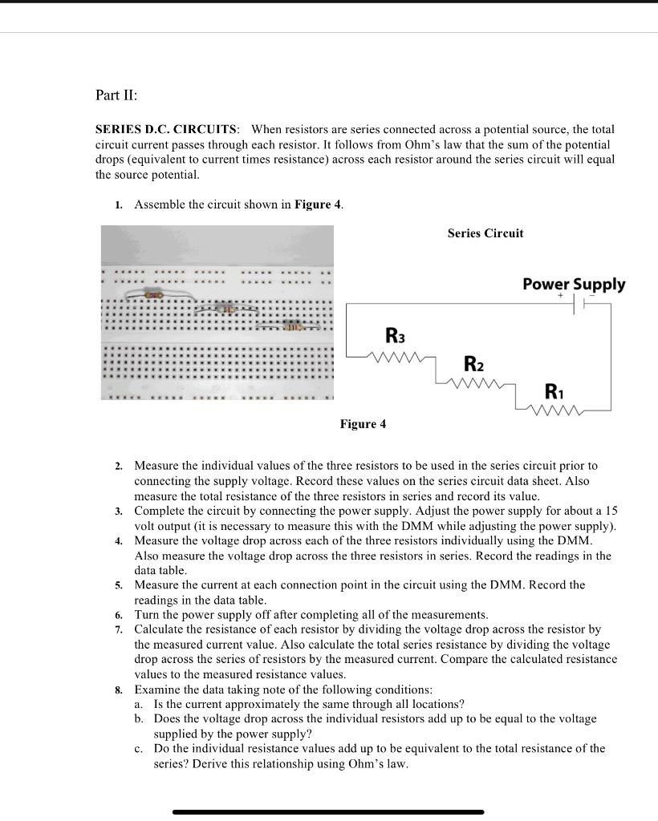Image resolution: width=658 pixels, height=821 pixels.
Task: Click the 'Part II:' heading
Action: pos(116,95)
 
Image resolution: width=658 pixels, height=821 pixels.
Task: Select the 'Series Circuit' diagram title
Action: pos(485,233)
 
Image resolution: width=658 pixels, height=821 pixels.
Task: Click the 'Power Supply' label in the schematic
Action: pos(573,284)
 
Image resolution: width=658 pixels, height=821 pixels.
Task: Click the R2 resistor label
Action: pos(473,364)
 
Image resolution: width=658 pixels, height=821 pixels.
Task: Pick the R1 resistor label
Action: pos(554,392)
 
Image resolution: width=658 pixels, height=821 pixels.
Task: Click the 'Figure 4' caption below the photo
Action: pos(362,424)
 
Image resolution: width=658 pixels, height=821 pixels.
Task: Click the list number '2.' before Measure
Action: pos(118,466)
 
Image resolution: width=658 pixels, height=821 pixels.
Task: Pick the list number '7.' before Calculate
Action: pos(118,630)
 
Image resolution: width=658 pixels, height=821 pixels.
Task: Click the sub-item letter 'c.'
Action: pos(140,749)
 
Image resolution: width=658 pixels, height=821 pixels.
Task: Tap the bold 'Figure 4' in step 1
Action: pos(318,204)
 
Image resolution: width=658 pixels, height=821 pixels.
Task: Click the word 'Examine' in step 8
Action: pos(156,690)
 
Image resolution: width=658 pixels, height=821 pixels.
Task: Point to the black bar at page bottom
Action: pos(328,811)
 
